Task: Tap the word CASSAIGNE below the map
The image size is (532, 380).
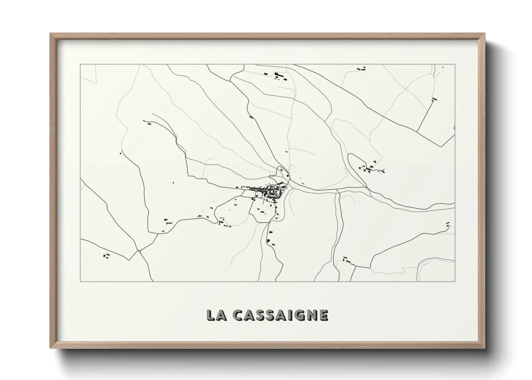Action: coord(280,315)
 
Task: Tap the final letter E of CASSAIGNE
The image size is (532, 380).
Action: coord(323,315)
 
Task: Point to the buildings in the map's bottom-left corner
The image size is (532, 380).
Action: coord(106,255)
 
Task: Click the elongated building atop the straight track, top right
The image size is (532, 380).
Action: coord(434,99)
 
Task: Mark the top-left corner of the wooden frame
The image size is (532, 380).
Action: coord(50,34)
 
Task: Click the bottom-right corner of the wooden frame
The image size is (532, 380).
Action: coord(485,348)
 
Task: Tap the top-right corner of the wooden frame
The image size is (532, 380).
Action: coord(485,34)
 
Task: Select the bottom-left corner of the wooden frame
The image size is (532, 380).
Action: coord(50,348)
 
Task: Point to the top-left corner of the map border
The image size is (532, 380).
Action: coord(80,64)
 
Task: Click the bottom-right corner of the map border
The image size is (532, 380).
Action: coord(455,281)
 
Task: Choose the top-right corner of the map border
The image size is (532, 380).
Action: coord(455,64)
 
